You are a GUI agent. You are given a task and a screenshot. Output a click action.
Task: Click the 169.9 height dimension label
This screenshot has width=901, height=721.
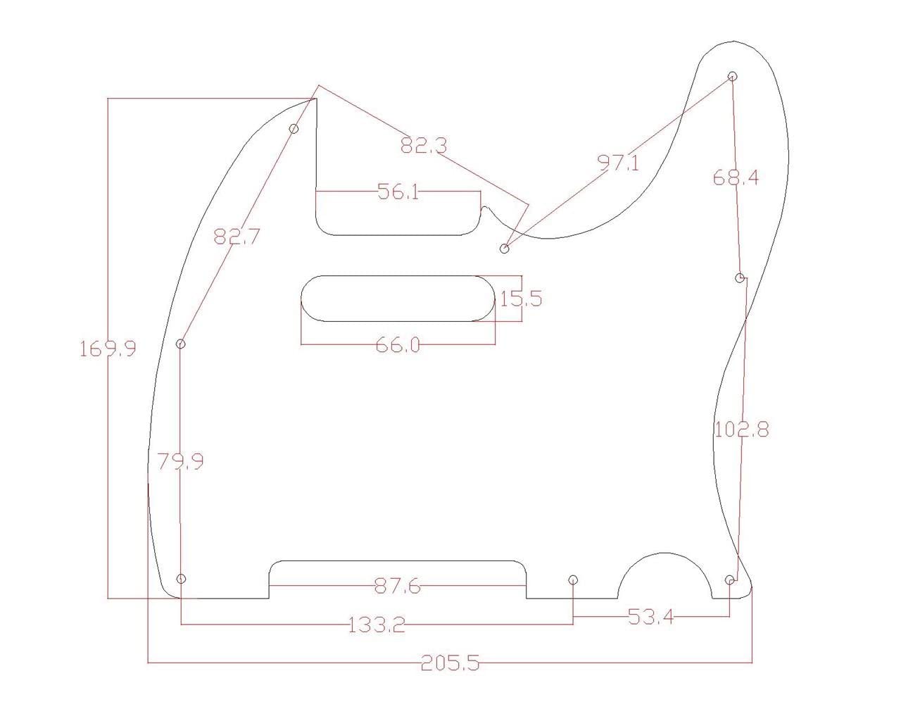tap(108, 349)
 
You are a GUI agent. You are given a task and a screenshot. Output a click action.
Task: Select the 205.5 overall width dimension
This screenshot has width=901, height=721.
tap(450, 663)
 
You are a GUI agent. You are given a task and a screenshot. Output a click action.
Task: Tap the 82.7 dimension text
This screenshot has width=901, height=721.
tap(237, 237)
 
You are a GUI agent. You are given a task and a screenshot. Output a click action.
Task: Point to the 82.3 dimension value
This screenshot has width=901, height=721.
tap(424, 146)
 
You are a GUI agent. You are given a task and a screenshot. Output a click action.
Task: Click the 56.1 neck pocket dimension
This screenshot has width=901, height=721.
tap(398, 192)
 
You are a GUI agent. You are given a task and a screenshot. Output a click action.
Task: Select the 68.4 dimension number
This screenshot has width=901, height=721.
tap(736, 177)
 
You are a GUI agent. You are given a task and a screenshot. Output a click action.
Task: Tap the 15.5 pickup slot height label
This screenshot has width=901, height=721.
tap(521, 299)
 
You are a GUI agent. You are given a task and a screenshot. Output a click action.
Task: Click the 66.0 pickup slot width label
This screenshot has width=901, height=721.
tap(398, 345)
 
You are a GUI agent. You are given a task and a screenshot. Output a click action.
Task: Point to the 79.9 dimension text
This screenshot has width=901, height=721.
tap(180, 462)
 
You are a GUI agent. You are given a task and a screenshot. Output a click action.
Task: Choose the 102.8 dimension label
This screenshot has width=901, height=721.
tap(741, 429)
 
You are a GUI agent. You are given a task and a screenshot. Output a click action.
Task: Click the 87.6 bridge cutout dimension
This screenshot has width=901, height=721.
tap(398, 586)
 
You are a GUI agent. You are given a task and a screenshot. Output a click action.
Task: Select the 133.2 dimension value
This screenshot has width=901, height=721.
tap(377, 625)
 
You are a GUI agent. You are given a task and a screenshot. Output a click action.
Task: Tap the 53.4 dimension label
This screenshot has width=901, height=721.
tap(650, 617)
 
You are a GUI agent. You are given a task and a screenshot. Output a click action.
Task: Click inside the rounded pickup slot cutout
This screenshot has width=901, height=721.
tap(399, 299)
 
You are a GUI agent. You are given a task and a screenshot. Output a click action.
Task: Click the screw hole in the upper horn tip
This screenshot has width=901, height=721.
tap(732, 76)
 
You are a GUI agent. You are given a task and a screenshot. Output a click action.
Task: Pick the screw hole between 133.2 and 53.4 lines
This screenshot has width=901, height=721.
tap(573, 579)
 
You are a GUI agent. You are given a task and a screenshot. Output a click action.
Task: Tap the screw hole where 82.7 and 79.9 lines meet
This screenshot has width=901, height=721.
tap(181, 344)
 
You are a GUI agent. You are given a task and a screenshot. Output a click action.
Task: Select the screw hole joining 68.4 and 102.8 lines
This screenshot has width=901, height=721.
tap(740, 278)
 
